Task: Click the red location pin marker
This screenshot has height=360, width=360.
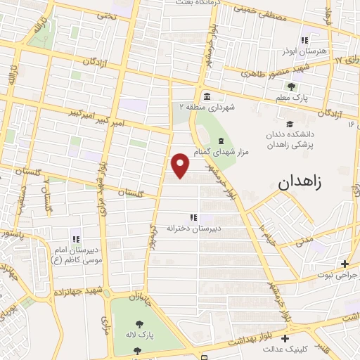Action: [181, 165]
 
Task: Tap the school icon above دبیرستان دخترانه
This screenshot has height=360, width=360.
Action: [193, 217]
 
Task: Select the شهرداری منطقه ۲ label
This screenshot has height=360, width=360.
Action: [207, 107]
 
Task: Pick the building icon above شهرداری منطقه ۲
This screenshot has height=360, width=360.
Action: [206, 96]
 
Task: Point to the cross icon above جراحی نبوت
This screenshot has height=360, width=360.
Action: [344, 264]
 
